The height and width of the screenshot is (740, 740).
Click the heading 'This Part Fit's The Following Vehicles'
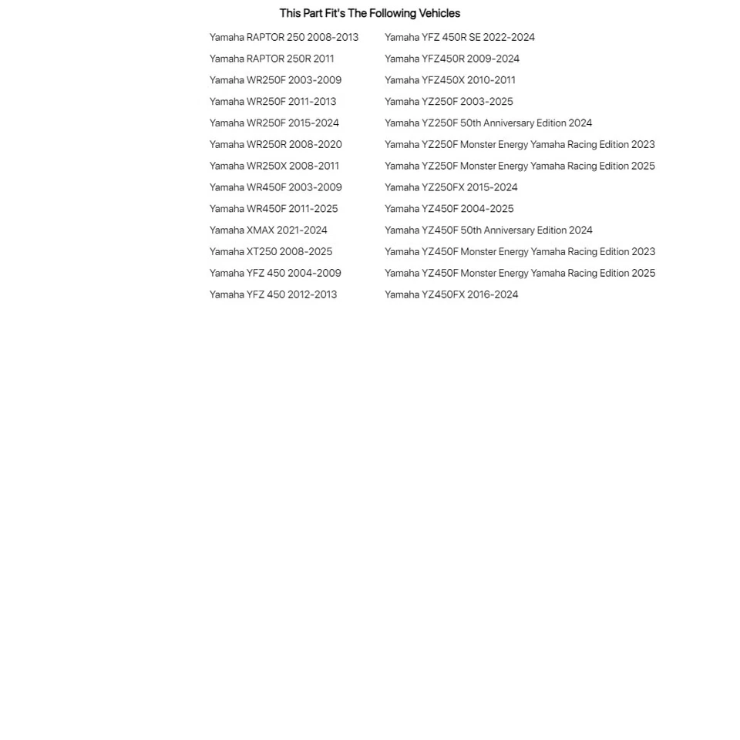coord(369,13)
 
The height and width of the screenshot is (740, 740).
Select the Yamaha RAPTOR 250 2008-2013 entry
coord(284,37)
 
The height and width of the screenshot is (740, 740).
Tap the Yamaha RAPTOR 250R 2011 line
coord(271,59)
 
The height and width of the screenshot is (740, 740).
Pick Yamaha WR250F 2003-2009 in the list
coord(275,80)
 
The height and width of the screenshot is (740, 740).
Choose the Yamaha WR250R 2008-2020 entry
coord(275,144)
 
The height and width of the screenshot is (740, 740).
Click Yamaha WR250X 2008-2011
coord(274,166)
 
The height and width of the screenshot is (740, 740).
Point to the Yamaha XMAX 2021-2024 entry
coord(268,230)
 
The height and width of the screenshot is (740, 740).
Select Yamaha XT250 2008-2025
coord(271,251)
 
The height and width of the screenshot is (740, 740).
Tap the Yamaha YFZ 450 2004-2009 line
coord(275,273)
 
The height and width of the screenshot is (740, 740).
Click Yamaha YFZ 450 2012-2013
coord(273,294)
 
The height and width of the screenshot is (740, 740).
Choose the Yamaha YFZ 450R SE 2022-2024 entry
coord(459,37)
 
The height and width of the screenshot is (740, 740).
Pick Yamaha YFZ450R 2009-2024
coord(452,59)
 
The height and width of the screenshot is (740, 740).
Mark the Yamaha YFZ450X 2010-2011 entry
coord(450,80)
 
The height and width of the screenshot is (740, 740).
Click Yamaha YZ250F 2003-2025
coord(449,102)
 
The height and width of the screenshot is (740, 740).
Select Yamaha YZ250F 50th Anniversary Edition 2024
coord(488,123)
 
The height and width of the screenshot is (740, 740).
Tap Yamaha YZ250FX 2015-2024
coord(451,187)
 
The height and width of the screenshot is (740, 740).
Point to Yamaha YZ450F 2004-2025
coord(449,209)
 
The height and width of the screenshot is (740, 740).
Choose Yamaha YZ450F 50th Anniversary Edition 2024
coord(489,230)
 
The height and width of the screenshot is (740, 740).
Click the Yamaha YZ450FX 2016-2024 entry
coord(451,294)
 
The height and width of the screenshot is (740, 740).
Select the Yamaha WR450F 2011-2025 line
coord(274,209)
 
